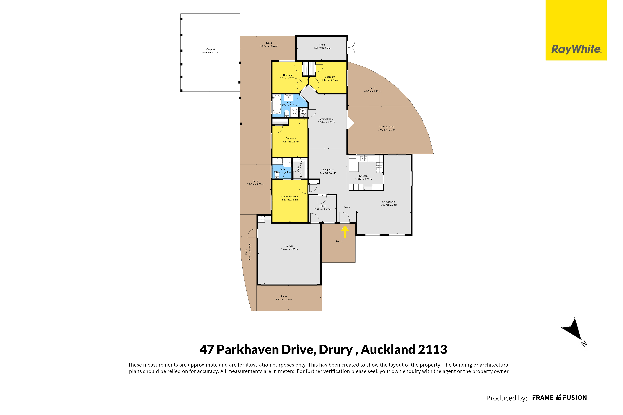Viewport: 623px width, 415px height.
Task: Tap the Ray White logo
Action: (x=576, y=30)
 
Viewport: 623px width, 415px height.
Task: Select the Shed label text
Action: (x=322, y=45)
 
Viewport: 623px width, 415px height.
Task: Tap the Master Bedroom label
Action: (x=290, y=196)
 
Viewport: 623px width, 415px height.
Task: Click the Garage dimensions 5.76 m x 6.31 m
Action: (x=289, y=249)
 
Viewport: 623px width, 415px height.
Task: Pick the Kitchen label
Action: (x=363, y=176)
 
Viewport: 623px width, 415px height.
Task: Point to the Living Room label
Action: (x=389, y=202)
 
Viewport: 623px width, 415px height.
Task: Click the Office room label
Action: (x=323, y=206)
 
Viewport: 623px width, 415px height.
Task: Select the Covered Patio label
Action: (x=387, y=127)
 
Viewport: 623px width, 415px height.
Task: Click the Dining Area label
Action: (x=328, y=169)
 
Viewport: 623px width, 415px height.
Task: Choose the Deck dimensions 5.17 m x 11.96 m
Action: (x=269, y=46)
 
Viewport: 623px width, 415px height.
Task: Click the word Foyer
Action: (x=347, y=207)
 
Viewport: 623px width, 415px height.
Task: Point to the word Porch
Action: (x=339, y=241)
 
